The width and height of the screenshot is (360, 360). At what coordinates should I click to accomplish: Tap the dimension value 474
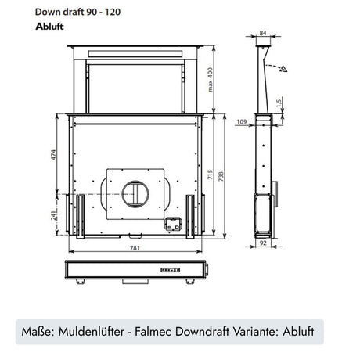pyautogui.click(x=52, y=155)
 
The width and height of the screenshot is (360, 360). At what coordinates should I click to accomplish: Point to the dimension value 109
pyautogui.click(x=242, y=121)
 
